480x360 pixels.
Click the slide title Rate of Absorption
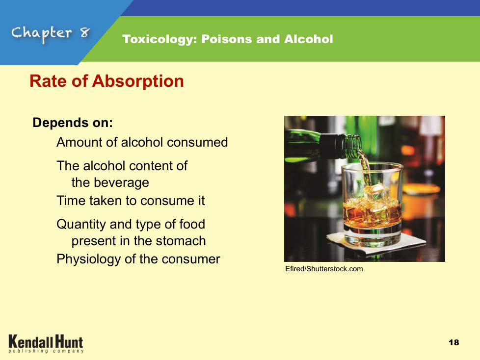pos(107,81)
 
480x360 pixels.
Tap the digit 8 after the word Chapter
pos(85,32)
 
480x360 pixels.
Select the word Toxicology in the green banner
pos(160,39)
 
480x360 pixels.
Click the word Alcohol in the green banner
pos(309,39)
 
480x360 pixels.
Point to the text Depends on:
pos(73,123)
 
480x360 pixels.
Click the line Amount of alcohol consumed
pos(142,142)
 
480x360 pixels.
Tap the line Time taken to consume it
pos(131,201)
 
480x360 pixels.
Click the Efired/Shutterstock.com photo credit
pos(324,269)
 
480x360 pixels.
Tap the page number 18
pos(453,342)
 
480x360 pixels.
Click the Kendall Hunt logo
pos(46,344)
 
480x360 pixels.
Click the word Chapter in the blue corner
pos(42,33)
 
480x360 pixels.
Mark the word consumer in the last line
pos(191,259)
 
